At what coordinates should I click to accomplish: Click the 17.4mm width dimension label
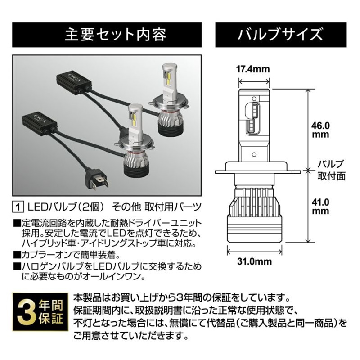tap(253, 69)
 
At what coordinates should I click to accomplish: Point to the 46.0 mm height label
tap(320, 130)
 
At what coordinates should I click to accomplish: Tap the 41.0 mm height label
tap(320, 207)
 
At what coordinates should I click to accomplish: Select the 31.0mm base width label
tap(254, 261)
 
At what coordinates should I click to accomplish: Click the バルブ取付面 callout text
tap(331, 170)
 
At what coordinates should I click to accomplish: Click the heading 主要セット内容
tap(116, 35)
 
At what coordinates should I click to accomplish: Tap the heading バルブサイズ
tap(280, 35)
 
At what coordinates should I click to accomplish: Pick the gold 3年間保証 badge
tap(40, 312)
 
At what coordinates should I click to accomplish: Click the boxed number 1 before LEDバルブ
tap(18, 207)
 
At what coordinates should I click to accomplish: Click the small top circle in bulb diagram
tap(254, 98)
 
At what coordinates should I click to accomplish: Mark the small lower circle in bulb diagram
tap(254, 154)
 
